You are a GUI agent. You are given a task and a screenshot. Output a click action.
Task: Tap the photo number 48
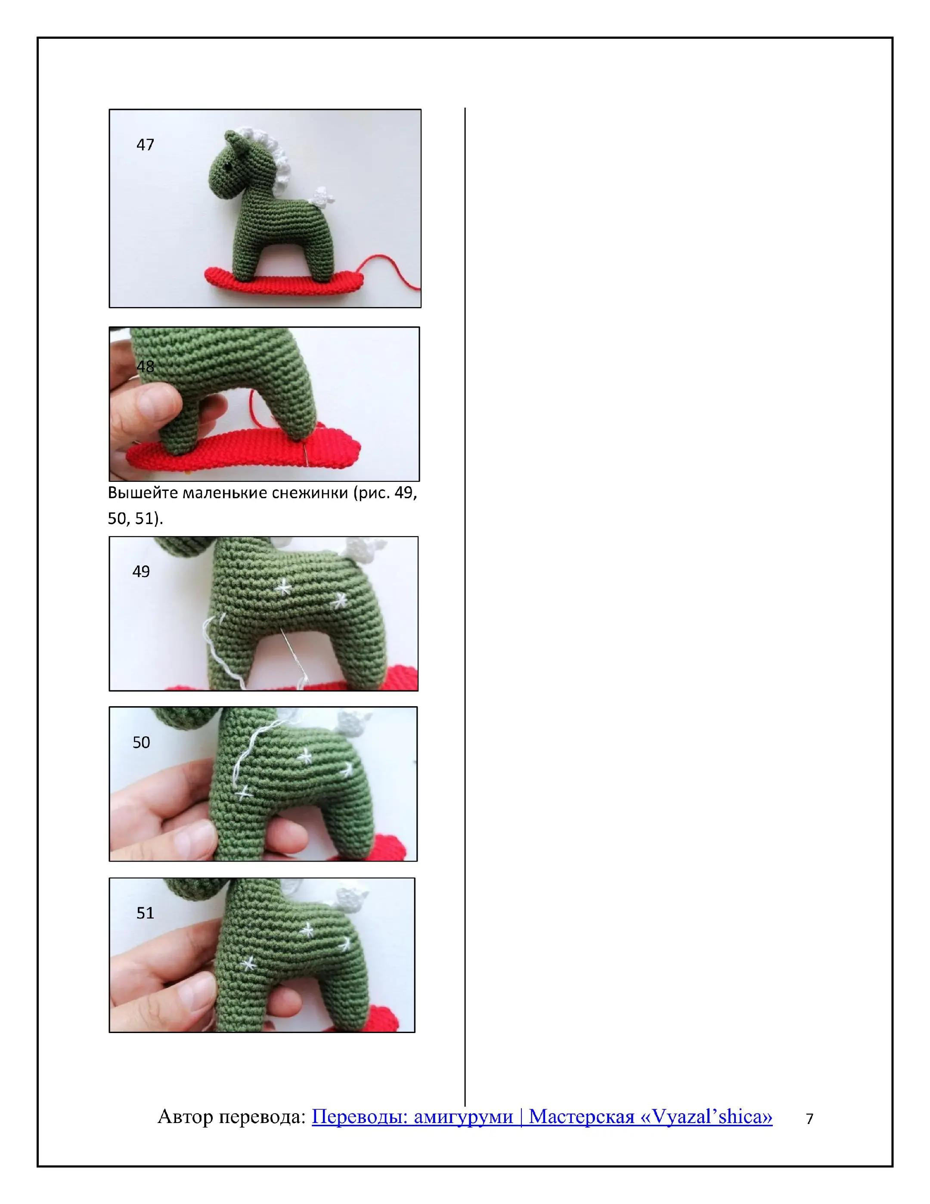coord(145,366)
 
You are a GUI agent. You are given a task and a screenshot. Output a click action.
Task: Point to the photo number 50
coord(141,742)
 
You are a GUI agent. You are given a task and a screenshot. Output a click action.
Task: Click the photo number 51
coord(145,913)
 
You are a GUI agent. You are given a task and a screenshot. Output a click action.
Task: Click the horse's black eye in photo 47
coord(226,164)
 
